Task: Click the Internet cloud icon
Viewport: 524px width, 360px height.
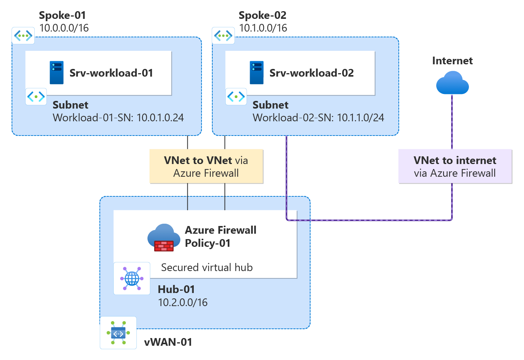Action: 452,83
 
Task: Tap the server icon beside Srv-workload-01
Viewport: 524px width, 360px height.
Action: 57,72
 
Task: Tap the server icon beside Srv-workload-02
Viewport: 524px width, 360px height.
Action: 257,72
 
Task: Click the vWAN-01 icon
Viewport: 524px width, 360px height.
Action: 118,333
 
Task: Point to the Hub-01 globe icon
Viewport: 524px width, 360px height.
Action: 132,278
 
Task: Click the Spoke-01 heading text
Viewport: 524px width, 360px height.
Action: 62,15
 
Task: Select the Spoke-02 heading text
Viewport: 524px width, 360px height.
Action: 262,15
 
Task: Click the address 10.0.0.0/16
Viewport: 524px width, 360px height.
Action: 64,28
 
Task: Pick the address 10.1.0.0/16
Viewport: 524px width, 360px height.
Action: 263,28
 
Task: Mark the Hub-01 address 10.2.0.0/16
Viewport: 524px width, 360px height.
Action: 183,303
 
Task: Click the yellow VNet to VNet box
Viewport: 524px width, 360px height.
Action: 206,166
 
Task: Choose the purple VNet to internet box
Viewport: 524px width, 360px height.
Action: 455,166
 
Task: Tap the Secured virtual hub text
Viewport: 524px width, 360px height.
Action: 207,268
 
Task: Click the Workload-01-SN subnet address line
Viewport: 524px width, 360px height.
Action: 118,117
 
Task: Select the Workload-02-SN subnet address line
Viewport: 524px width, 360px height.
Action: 318,117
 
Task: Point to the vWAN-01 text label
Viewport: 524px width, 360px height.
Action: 168,342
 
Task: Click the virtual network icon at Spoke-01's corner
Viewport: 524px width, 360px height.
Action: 23,36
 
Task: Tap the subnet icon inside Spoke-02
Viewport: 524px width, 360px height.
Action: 236,96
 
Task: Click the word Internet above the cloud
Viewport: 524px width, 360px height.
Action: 452,61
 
